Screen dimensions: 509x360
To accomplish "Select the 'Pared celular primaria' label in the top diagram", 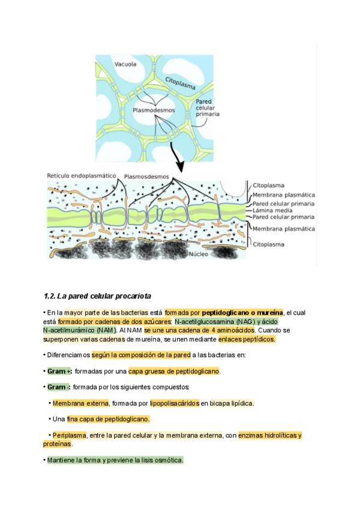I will tap(208, 107).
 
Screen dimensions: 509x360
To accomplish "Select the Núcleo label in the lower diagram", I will tap(199, 254).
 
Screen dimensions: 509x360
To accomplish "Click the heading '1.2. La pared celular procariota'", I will tap(97, 296).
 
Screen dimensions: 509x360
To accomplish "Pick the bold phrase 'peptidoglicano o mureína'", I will tap(242, 313).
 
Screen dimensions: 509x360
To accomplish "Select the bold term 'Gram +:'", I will tap(59, 371).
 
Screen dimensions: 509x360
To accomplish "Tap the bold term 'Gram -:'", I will tap(59, 387).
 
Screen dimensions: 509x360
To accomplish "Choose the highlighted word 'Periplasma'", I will tap(69, 435).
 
